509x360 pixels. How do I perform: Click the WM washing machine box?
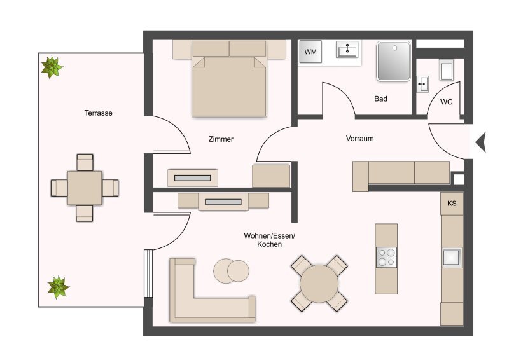[310, 52]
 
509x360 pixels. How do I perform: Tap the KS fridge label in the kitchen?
[452, 203]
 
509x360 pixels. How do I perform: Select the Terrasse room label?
[99, 113]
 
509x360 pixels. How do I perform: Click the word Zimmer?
[221, 139]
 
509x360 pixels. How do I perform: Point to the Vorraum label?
[359, 139]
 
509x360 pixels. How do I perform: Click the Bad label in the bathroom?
[380, 99]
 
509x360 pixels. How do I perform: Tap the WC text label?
[446, 102]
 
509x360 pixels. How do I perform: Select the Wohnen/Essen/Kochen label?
[269, 240]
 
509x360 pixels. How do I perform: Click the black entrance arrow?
[481, 142]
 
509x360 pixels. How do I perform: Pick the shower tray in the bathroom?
[393, 61]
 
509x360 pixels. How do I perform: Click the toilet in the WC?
[447, 69]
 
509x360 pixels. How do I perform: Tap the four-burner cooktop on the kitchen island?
[386, 257]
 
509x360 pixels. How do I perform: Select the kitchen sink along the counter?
[452, 258]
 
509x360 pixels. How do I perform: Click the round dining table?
[319, 284]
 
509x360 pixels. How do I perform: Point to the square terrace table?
[85, 188]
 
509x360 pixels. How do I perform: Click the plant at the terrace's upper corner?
[52, 67]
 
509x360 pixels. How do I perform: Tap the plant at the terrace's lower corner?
[58, 287]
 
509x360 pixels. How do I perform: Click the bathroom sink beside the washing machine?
[347, 50]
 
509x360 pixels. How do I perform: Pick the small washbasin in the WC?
[422, 84]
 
